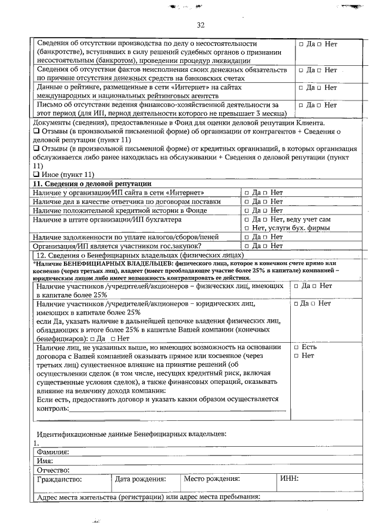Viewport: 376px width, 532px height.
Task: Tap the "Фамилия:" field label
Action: tap(53, 452)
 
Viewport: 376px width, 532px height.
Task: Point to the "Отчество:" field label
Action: tap(53, 470)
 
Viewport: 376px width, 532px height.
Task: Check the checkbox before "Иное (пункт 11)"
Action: tap(36, 175)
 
